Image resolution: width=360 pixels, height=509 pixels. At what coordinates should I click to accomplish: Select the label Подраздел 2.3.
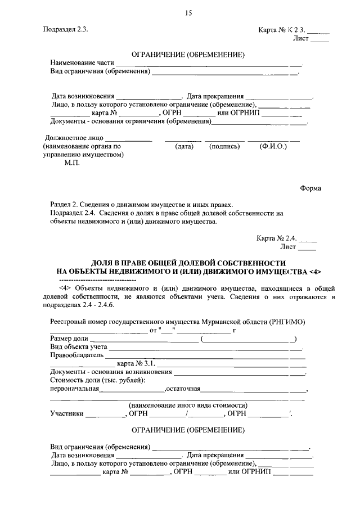click(x=65, y=30)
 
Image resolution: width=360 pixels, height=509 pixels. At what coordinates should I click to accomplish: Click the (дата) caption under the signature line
click(x=184, y=147)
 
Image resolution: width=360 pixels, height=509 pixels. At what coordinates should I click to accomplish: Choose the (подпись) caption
click(x=224, y=147)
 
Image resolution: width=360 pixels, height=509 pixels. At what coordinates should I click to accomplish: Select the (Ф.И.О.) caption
click(x=273, y=147)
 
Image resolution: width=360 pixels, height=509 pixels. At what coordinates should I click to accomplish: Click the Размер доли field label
click(x=69, y=339)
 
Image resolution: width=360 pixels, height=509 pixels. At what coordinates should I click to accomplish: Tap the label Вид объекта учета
click(x=79, y=347)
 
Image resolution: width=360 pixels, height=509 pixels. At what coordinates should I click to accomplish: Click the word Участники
click(x=67, y=414)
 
